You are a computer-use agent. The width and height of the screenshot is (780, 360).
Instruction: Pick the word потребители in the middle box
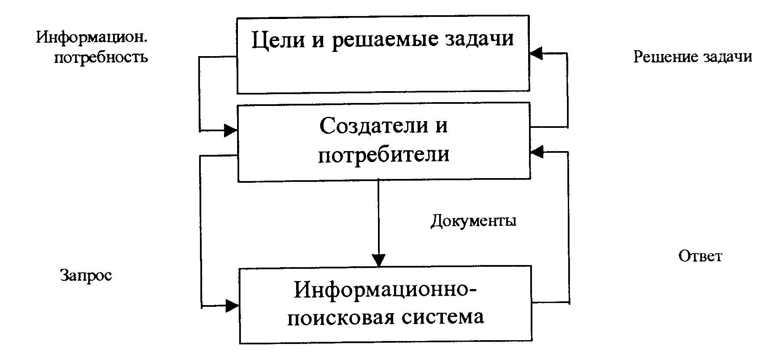click(383, 155)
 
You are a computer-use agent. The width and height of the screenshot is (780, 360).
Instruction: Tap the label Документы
click(473, 221)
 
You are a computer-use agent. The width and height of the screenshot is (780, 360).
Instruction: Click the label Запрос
click(86, 275)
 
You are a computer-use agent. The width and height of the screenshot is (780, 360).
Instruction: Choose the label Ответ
click(700, 256)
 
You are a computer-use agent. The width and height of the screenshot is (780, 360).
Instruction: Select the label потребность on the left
click(101, 57)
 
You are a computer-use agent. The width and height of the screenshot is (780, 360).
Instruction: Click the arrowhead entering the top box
click(536, 53)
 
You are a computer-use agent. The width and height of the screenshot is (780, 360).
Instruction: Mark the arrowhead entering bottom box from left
click(232, 306)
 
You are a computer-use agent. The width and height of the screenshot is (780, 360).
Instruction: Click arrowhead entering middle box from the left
click(230, 130)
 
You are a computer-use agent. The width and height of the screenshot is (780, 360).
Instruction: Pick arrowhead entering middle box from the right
click(537, 152)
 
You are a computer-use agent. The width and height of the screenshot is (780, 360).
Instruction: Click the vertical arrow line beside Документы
click(378, 219)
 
